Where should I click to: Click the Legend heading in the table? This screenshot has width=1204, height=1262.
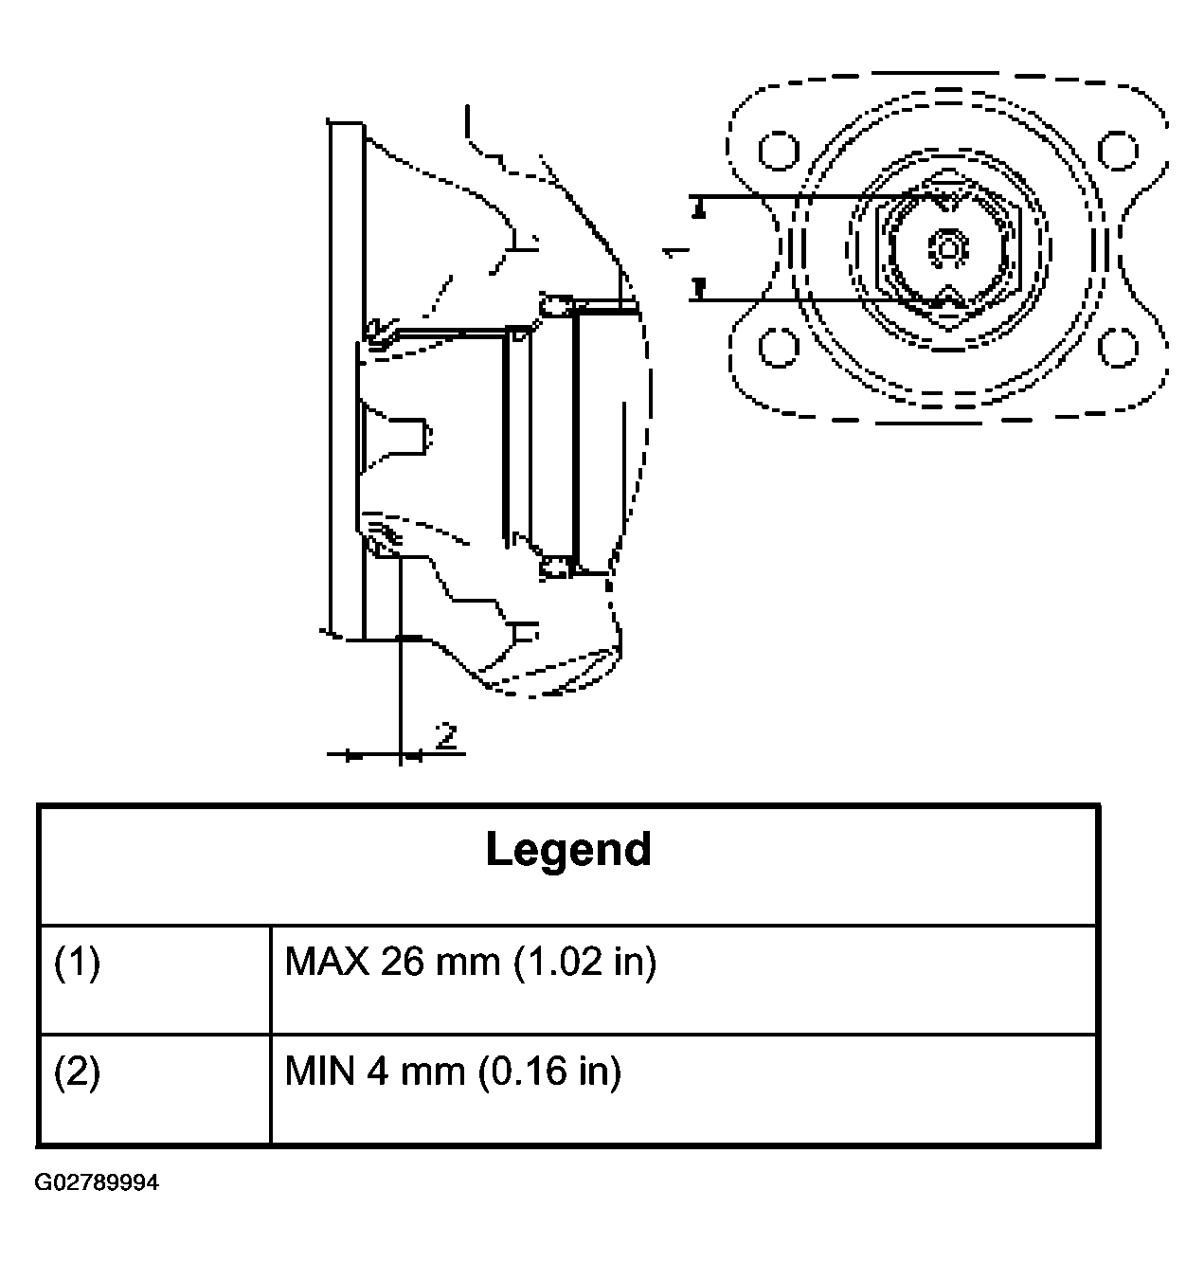tap(568, 850)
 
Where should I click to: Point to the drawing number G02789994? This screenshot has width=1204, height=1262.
tap(97, 1182)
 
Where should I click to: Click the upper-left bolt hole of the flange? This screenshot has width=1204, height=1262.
tap(779, 151)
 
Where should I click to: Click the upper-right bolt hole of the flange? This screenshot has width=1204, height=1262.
tap(1118, 151)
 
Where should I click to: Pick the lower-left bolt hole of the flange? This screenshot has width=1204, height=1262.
tap(779, 348)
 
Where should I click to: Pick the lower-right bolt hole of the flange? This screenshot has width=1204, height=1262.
tap(1118, 348)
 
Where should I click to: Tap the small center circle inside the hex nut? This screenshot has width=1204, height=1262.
tap(948, 248)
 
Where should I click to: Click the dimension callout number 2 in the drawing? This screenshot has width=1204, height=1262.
tap(446, 736)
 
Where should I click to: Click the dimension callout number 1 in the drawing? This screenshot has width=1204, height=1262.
tap(675, 251)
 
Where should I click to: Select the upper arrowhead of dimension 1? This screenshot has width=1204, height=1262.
tap(700, 208)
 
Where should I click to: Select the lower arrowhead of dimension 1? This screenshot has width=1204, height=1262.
tap(700, 289)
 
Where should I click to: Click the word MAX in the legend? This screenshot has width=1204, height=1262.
tap(328, 963)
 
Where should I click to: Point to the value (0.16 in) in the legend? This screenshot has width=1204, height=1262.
tap(550, 1073)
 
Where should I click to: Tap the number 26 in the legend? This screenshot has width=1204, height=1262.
tap(403, 963)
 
